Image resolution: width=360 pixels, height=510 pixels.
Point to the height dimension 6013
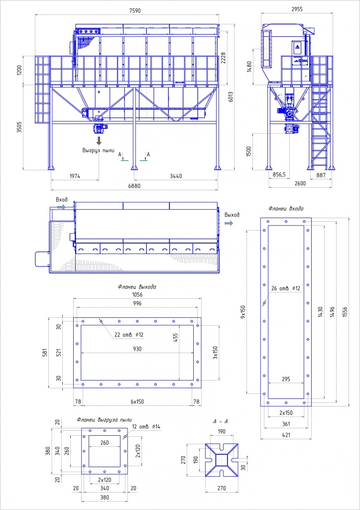click(231, 95)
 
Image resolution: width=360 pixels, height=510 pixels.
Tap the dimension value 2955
click(297, 9)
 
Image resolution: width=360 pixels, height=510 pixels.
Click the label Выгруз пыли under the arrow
click(98, 150)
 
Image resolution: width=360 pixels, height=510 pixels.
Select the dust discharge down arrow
click(99, 140)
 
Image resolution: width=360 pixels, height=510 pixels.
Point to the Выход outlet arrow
click(229, 223)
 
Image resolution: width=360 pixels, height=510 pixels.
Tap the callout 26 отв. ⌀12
click(285, 288)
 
